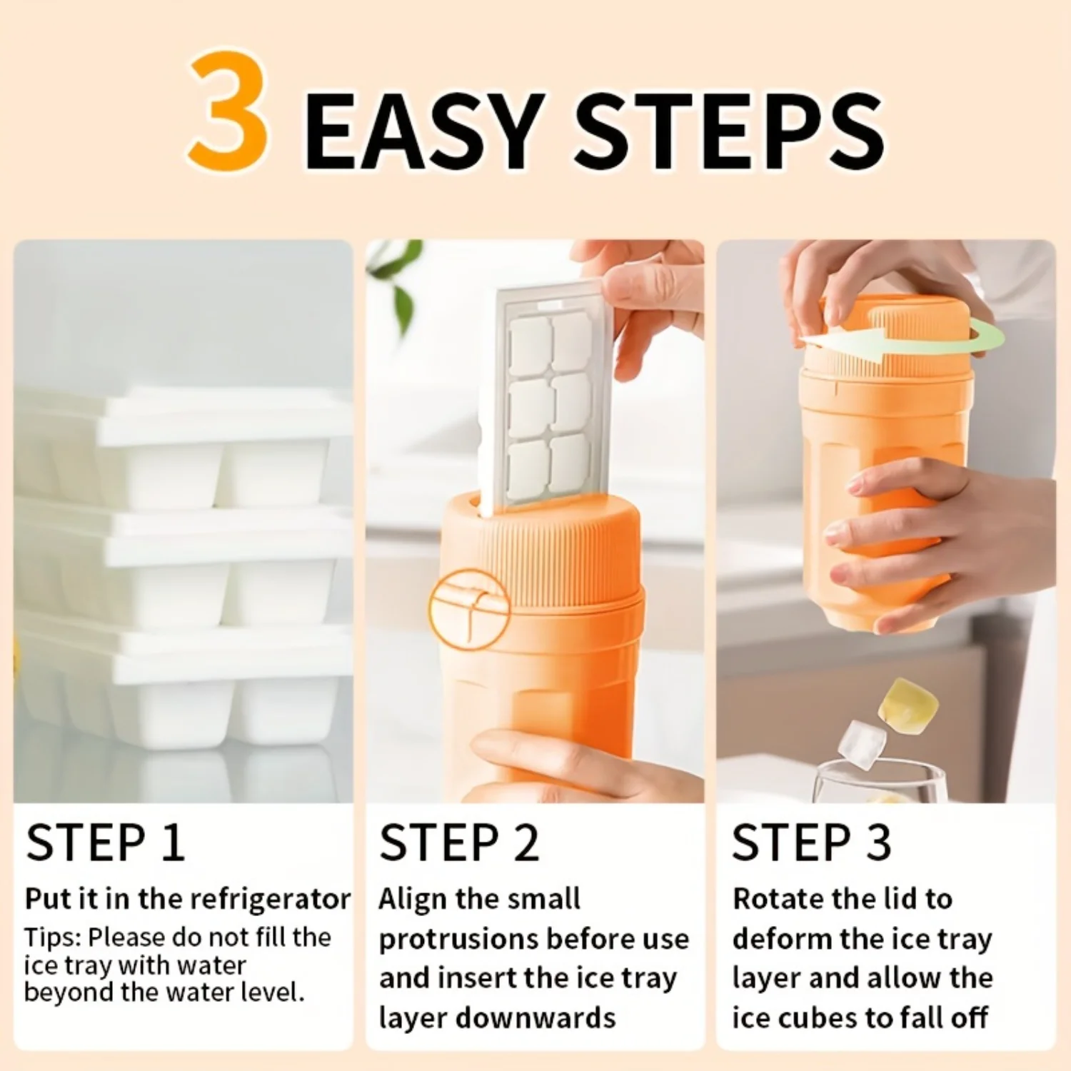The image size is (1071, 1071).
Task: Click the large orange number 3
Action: pyautogui.click(x=229, y=111)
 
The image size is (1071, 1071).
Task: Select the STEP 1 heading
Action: pyautogui.click(x=105, y=843)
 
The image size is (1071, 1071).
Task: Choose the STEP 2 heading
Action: pyautogui.click(x=458, y=843)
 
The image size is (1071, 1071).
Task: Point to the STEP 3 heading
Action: pyautogui.click(x=812, y=843)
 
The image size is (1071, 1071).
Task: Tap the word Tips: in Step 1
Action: pyautogui.click(x=52, y=938)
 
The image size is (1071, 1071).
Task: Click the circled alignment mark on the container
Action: pyautogui.click(x=469, y=609)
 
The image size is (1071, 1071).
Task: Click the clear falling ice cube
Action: pyautogui.click(x=862, y=744)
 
